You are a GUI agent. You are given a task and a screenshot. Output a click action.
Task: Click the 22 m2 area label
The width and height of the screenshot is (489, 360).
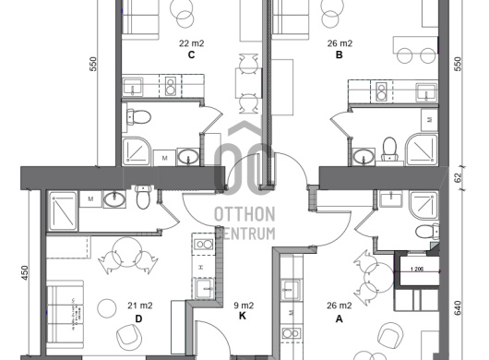coord(191,43)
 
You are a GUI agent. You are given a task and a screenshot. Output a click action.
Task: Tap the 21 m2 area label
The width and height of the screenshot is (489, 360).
coord(140,306)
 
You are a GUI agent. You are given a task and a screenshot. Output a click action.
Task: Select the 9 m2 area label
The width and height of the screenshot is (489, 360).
coord(244,306)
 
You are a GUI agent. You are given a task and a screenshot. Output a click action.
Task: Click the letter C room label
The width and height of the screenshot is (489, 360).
coord(191,54)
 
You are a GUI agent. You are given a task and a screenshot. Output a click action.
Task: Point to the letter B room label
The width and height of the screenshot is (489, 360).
coord(340,54)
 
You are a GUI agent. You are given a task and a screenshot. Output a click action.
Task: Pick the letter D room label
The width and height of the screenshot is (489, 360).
coord(138,318)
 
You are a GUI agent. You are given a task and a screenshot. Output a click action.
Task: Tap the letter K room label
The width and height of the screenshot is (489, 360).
coord(243,316)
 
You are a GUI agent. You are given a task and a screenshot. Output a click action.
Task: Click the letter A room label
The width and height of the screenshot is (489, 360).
coord(339,318)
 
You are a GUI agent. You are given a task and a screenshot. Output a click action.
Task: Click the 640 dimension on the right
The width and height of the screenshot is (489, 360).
coord(458,308)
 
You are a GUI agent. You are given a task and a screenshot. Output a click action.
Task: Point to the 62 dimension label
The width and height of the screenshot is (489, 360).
coord(458,178)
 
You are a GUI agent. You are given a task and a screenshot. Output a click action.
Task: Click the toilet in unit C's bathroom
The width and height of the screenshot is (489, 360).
coord(138,117)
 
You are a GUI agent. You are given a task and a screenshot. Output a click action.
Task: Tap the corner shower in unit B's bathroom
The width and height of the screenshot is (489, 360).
coord(422,150)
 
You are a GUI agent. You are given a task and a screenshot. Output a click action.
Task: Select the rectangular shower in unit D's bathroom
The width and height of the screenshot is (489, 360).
coord(63,210)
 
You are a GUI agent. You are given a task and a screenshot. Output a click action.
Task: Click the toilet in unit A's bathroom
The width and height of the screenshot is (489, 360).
coord(427,232)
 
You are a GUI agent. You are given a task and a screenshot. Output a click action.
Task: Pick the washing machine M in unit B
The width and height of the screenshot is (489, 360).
coord(429,120)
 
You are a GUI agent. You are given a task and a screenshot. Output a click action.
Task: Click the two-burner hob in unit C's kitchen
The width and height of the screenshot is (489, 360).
coord(171,86)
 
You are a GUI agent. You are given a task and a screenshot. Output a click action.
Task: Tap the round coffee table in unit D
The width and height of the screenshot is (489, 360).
coord(107,308)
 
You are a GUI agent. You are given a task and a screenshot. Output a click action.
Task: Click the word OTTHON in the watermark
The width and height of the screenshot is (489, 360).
coord(244,214)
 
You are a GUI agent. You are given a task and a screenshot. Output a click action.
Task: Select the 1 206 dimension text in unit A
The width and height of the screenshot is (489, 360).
coord(417,270)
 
